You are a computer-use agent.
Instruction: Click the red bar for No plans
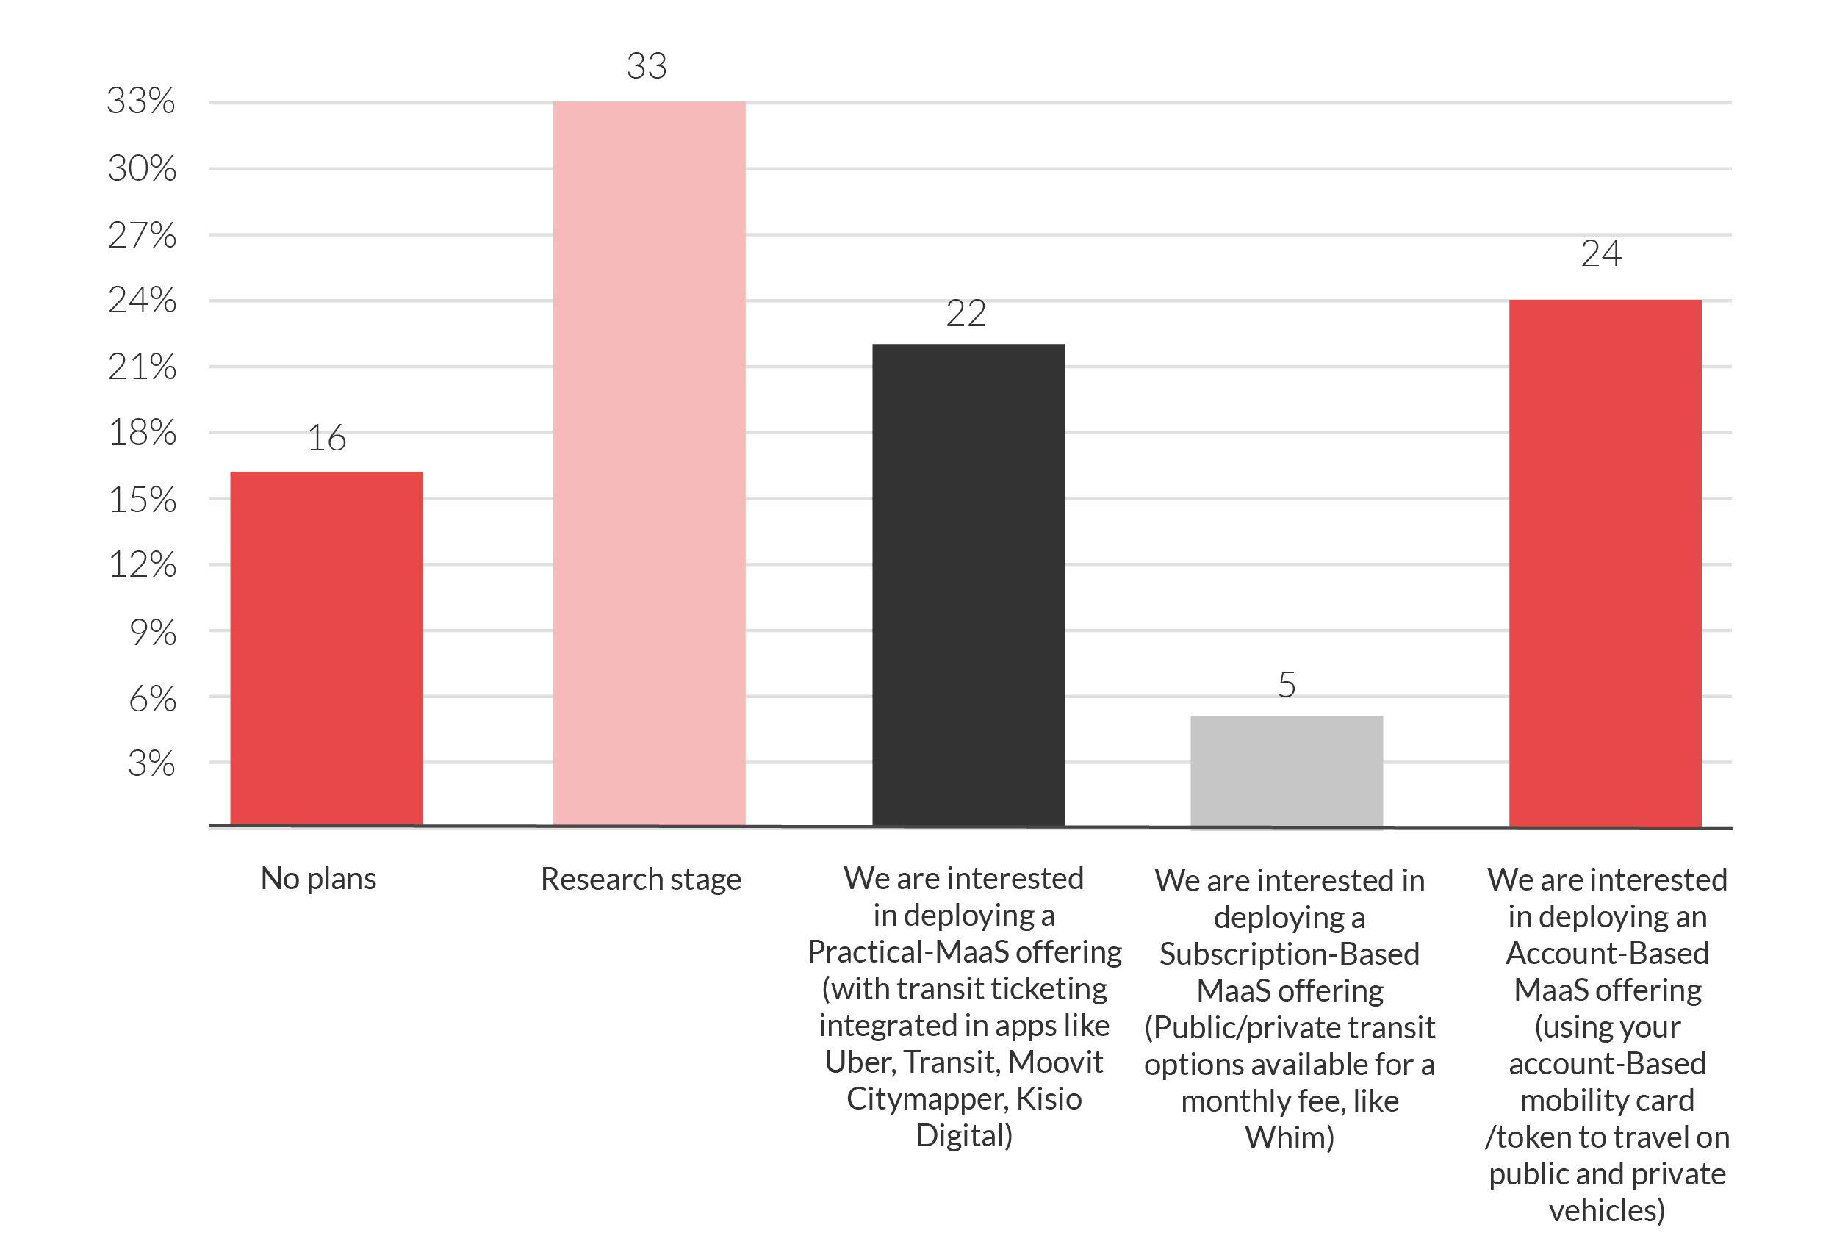coord(326,650)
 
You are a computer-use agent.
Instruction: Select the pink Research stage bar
coord(650,463)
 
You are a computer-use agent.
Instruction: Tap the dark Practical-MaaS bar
coord(968,585)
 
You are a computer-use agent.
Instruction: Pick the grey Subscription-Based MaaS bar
coord(1287,772)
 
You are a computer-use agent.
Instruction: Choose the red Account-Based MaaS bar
coord(1606,563)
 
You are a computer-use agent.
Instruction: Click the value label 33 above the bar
coord(647,66)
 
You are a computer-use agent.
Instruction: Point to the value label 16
coord(327,438)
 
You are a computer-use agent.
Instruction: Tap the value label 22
coord(966,314)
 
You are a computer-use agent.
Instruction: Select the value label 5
coord(1287,685)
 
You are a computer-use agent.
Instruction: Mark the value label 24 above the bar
coord(1601,254)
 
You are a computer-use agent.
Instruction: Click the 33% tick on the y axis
coord(142,101)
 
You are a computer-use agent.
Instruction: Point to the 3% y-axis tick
coord(151,763)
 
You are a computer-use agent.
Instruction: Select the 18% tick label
coord(143,433)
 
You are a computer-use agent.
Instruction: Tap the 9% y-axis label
coord(153,633)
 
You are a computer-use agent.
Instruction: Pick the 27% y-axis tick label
coord(143,235)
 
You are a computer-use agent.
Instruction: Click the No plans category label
coord(318,879)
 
